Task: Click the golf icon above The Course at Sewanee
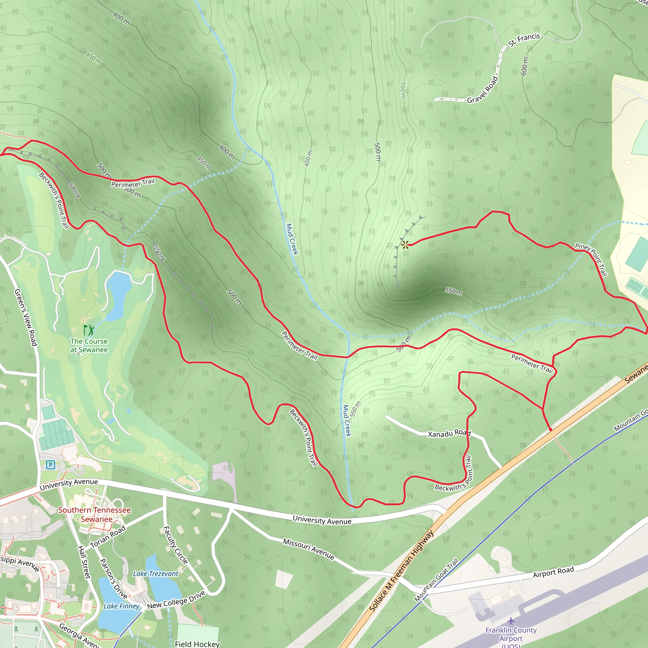point(89,330)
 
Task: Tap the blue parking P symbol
point(50,464)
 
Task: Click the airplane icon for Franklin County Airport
point(511,621)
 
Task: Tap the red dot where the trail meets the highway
point(551,429)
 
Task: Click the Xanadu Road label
point(449,433)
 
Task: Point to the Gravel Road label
point(483,90)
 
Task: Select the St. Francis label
point(524,40)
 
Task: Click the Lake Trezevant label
point(156,574)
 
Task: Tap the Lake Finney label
point(121,606)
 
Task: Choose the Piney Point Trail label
point(591,259)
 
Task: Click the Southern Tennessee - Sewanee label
point(95,514)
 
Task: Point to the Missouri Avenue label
point(308,549)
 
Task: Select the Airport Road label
point(553,572)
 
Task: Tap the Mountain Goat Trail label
point(436,580)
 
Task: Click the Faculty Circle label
point(175,545)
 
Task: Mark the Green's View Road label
point(26,317)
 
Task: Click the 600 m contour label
point(525,66)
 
